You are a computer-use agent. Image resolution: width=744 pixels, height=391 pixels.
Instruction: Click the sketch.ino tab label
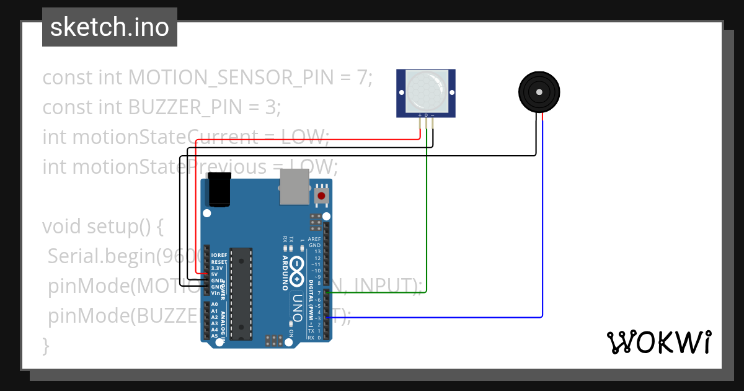pyautogui.click(x=110, y=27)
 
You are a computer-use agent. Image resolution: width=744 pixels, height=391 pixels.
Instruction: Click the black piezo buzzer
pyautogui.click(x=539, y=92)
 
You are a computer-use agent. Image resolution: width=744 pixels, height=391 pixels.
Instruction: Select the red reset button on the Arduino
pyautogui.click(x=321, y=196)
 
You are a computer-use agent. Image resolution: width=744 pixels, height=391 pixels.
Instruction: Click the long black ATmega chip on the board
pyautogui.click(x=241, y=293)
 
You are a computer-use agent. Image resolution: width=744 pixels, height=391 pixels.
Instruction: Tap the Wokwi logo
pyautogui.click(x=658, y=341)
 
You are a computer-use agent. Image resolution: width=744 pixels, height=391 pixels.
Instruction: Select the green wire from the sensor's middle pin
pyautogui.click(x=427, y=217)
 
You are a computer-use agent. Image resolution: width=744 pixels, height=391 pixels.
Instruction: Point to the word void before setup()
pyautogui.click(x=62, y=227)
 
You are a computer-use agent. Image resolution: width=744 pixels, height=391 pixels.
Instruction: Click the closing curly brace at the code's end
pyautogui.click(x=45, y=344)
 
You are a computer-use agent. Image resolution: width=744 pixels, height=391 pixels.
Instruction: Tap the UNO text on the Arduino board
pyautogui.click(x=297, y=306)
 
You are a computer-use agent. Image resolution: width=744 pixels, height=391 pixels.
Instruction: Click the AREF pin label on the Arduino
pyautogui.click(x=314, y=239)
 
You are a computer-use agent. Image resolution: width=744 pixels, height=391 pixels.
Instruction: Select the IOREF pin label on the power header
pyautogui.click(x=218, y=256)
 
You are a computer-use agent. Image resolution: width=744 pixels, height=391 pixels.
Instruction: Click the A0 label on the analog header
pyautogui.click(x=215, y=305)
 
